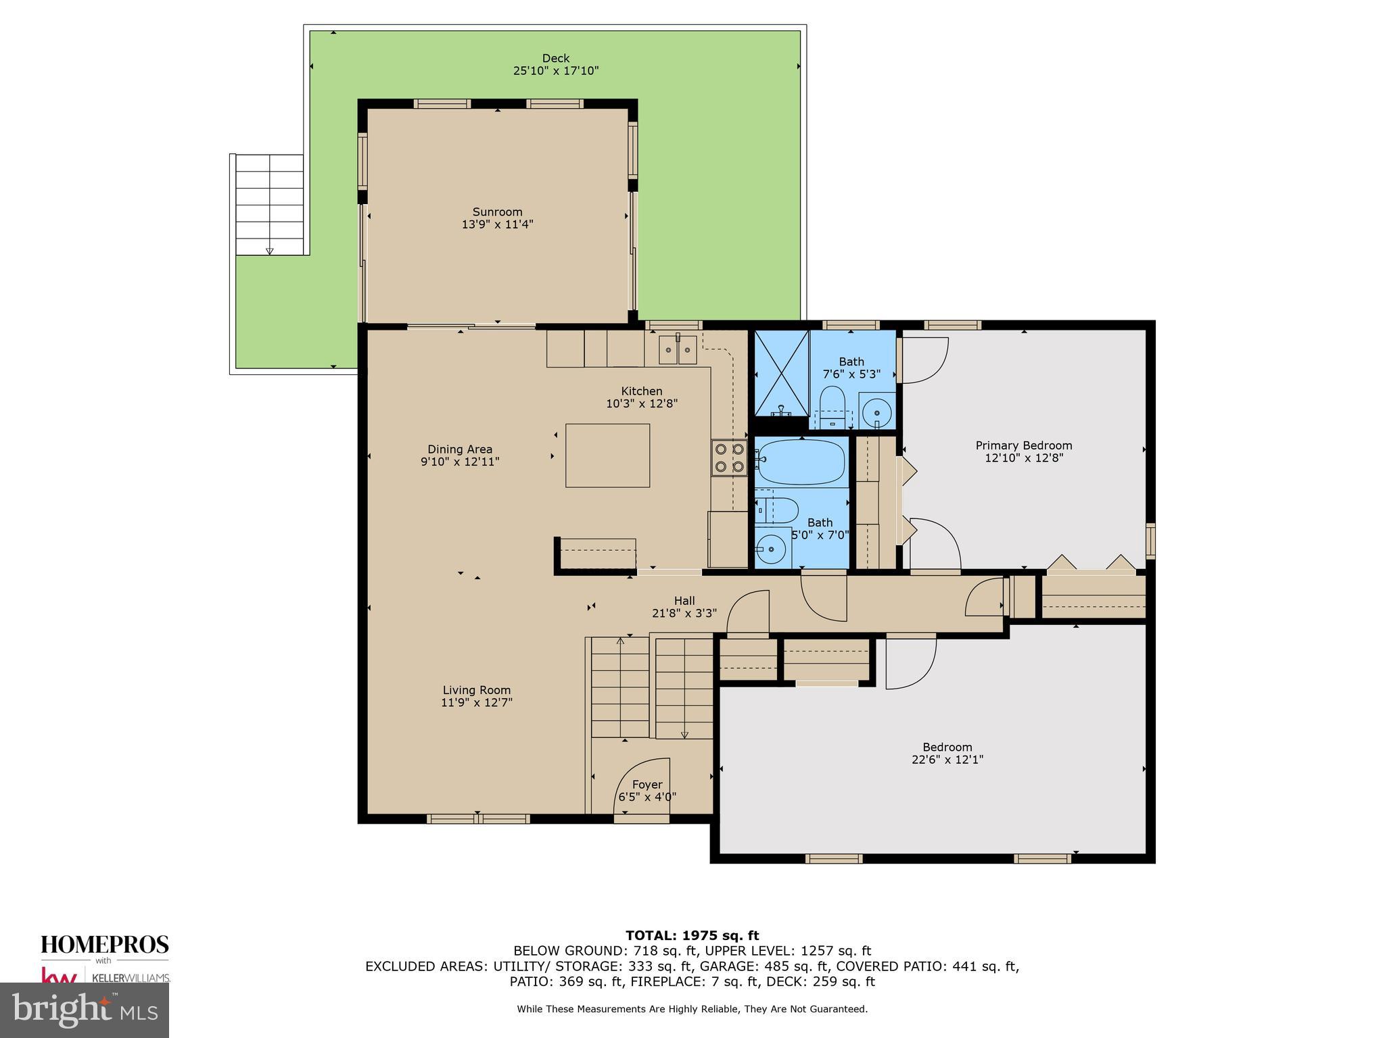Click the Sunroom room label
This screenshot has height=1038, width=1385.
click(x=497, y=212)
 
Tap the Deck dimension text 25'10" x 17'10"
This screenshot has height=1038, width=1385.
click(x=556, y=70)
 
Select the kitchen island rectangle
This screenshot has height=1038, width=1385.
click(x=607, y=455)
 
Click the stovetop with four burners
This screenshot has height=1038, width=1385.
click(x=728, y=458)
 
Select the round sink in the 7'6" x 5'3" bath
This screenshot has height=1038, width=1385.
click(x=877, y=411)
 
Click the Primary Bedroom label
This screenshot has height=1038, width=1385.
click(x=1023, y=445)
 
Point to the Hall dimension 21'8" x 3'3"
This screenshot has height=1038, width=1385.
click(x=684, y=613)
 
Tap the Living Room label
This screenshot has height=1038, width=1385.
click(x=476, y=690)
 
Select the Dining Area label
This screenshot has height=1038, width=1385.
click(x=460, y=449)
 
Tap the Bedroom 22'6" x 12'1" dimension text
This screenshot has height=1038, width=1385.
click(x=947, y=760)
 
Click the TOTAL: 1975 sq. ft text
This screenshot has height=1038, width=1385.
click(x=692, y=935)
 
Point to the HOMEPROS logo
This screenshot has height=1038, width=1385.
click(x=105, y=944)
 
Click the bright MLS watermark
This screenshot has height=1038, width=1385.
click(x=85, y=1010)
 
